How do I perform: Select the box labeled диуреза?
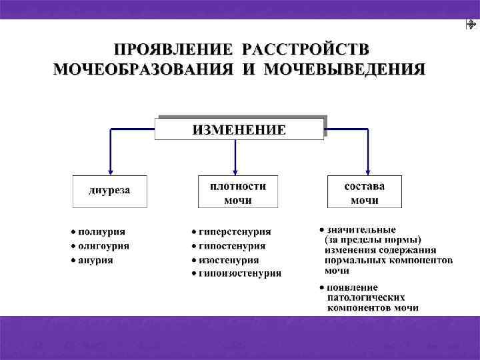coord(110,191)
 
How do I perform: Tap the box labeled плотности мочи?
coord(238,192)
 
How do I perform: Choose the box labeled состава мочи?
coord(365,192)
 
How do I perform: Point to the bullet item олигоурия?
coord(104,245)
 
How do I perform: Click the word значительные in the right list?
coord(361,230)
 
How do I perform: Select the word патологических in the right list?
coord(366,297)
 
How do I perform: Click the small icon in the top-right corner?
coord(471,25)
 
